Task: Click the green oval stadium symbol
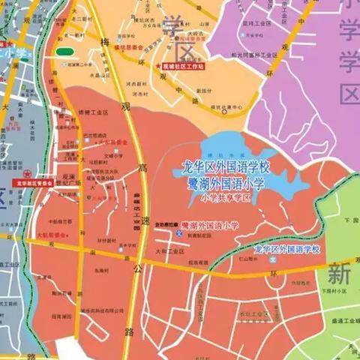(x=64, y=52)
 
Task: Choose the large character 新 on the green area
(x=337, y=271)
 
